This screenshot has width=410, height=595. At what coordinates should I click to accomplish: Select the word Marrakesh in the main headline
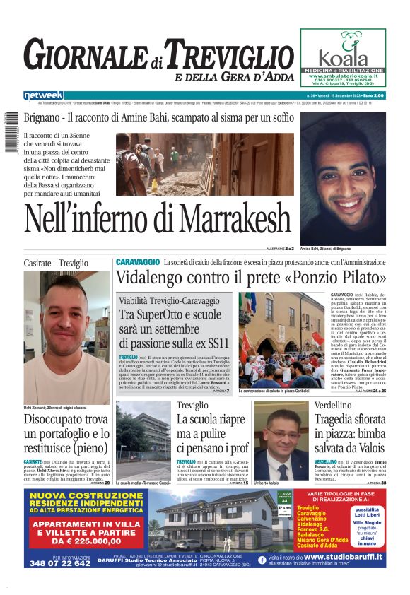click(215, 218)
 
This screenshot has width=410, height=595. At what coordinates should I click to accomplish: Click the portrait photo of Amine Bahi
click(343, 178)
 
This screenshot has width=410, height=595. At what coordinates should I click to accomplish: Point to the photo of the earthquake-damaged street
click(205, 165)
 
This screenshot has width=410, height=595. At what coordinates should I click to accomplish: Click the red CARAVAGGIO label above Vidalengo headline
click(138, 262)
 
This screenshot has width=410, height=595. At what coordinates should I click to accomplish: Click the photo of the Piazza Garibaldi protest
click(292, 339)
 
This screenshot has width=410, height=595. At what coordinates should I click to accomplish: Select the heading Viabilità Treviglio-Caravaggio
click(169, 300)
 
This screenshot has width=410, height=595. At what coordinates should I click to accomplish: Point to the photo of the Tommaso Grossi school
click(143, 441)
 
